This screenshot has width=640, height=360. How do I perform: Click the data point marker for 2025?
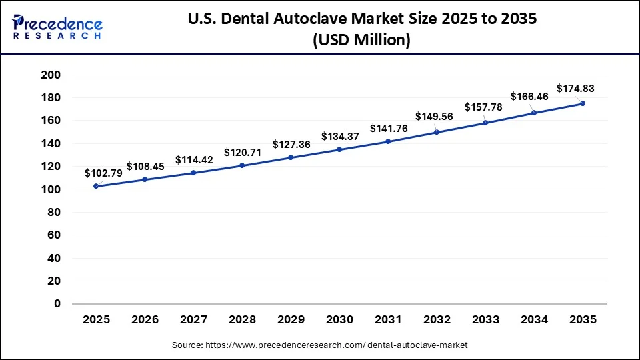(x=96, y=186)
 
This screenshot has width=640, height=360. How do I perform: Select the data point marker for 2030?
(x=339, y=149)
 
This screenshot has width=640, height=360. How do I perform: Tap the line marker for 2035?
(x=583, y=103)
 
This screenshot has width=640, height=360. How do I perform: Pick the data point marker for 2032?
(x=437, y=132)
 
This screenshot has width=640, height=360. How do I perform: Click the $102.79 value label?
(x=103, y=173)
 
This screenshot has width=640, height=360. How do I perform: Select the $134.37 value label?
(x=340, y=136)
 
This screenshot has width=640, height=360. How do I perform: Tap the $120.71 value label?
(x=243, y=152)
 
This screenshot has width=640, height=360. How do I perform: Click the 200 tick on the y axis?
(x=51, y=75)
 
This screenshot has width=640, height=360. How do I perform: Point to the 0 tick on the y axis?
(x=57, y=303)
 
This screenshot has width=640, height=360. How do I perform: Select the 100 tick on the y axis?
(x=51, y=189)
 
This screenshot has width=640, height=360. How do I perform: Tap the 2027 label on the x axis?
(x=193, y=320)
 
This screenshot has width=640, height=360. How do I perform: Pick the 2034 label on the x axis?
(x=534, y=320)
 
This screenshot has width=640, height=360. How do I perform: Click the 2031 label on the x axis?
(x=388, y=320)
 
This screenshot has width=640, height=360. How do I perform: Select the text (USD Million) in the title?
(x=361, y=40)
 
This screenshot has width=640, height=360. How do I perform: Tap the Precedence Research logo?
(x=57, y=27)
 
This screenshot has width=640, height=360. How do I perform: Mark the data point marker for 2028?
(x=242, y=165)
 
